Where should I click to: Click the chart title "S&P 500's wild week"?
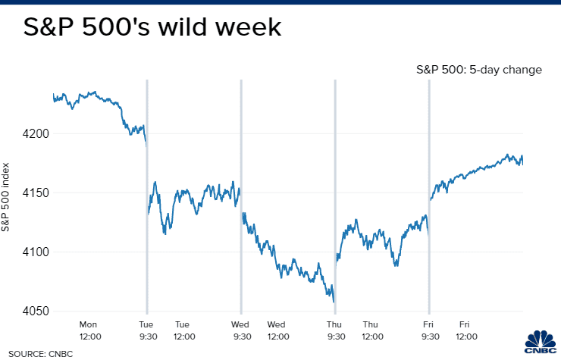[x=152, y=28]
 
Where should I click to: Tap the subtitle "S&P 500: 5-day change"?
[x=478, y=70]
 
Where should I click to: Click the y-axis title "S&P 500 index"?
[x=6, y=196]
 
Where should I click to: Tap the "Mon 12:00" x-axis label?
[x=89, y=329]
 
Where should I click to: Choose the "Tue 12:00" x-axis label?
[x=183, y=329]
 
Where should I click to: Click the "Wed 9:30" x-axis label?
[x=241, y=329]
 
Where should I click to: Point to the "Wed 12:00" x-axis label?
[x=277, y=329]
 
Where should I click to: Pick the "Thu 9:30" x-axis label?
[x=335, y=329]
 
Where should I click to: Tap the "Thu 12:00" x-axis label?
[x=371, y=329]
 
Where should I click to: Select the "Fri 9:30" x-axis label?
[x=429, y=329]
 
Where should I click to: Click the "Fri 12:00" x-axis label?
[x=466, y=329]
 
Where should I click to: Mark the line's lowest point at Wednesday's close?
[x=334, y=301]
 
